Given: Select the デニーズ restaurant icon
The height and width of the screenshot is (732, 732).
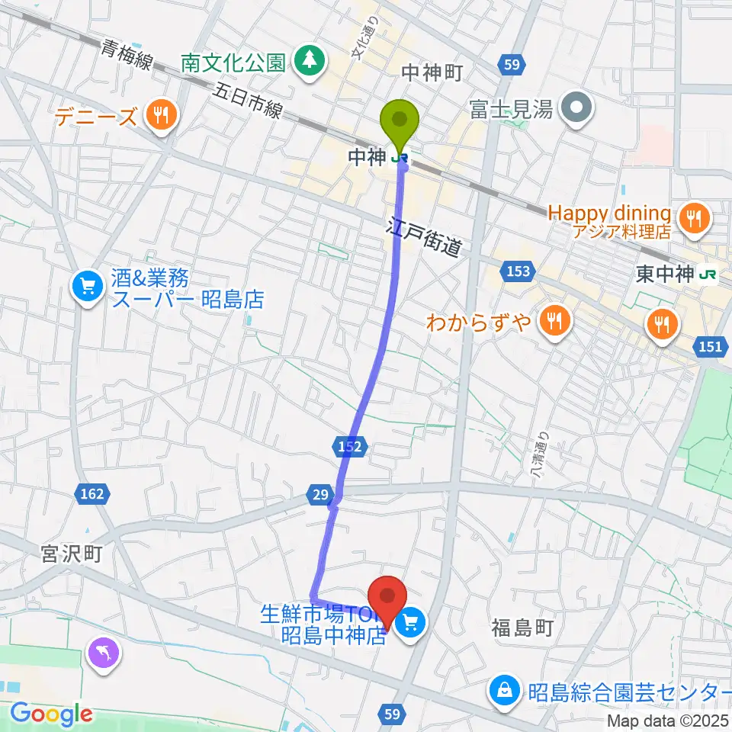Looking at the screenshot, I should pyautogui.click(x=160, y=117).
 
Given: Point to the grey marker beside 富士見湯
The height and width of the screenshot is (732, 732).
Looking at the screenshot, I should pyautogui.click(x=577, y=110).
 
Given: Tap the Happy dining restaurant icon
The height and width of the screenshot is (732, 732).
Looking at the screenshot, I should pyautogui.click(x=693, y=219).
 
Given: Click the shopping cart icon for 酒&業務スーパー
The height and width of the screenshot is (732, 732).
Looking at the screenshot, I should pyautogui.click(x=88, y=287).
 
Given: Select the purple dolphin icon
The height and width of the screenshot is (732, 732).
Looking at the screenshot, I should pyautogui.click(x=103, y=654).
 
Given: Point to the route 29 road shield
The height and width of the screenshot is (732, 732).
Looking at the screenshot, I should pyautogui.click(x=322, y=495).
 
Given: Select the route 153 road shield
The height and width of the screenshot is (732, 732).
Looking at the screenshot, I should pyautogui.click(x=520, y=270).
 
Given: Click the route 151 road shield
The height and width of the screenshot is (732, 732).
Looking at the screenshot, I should pyautogui.click(x=710, y=347).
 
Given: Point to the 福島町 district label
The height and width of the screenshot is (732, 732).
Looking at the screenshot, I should pyautogui.click(x=522, y=628).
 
